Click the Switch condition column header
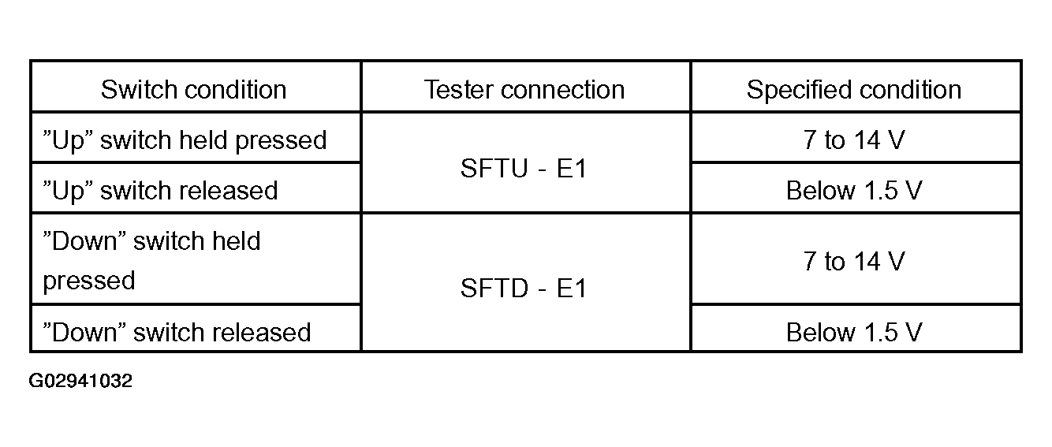click(193, 89)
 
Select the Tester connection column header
click(524, 89)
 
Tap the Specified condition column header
click(854, 90)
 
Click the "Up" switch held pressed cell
click(185, 140)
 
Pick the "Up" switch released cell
click(160, 190)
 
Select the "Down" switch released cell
click(177, 332)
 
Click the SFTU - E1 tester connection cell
click(524, 168)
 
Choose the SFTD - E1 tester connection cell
click(524, 287)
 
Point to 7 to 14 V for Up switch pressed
click(854, 140)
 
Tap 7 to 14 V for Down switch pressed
click(854, 261)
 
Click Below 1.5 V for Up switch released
click(854, 190)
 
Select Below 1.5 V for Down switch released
click(854, 332)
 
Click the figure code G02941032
click(80, 380)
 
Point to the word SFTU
click(494, 168)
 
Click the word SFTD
click(494, 287)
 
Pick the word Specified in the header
click(798, 90)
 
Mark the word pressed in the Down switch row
click(89, 281)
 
